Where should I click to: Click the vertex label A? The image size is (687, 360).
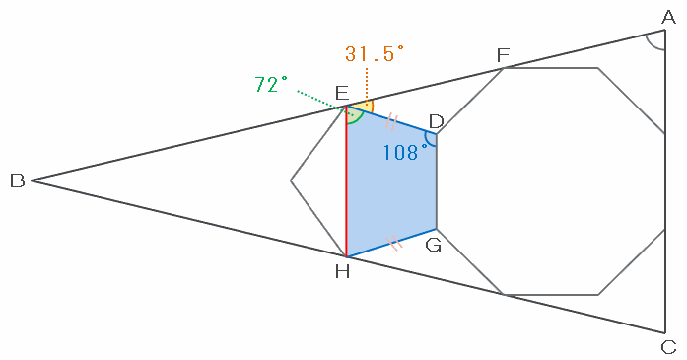point(668,18)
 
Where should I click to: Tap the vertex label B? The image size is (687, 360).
point(18,180)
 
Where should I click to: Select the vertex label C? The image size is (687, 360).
point(668,348)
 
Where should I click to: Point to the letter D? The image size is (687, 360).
point(436,120)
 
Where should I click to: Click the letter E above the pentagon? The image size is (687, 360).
point(342,94)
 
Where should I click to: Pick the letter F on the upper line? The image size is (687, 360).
point(503,55)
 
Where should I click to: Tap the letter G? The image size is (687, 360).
point(434,245)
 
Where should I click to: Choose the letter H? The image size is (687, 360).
point(342,272)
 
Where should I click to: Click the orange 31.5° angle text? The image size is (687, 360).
point(375,54)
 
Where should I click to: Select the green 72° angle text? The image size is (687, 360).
point(271,84)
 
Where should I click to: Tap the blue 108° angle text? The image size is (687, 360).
point(405,153)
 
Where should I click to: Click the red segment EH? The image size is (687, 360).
point(347,181)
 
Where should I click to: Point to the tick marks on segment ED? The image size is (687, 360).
point(391,122)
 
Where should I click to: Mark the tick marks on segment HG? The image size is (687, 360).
point(393,242)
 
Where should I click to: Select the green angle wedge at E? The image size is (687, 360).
point(354,116)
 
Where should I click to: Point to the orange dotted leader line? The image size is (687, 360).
point(367,87)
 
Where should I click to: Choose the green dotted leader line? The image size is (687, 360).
point(324,103)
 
